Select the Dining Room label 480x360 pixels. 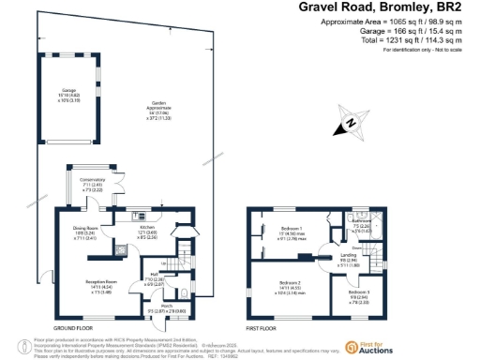point(85,228)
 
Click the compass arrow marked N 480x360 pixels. point(350,122)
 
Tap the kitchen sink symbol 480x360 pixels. point(138,214)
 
